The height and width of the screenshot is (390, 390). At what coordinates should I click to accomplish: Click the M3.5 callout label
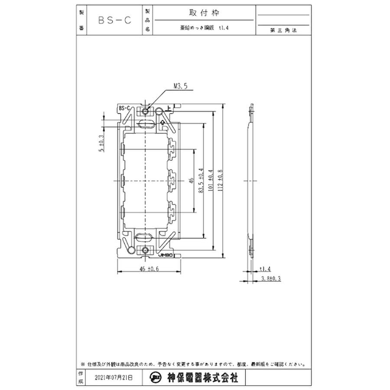click(180, 86)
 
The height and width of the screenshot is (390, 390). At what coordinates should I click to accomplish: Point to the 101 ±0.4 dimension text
click(211, 180)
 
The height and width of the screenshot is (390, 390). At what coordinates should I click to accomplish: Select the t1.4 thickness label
click(265, 269)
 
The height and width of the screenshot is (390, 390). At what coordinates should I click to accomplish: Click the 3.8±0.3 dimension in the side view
click(271, 279)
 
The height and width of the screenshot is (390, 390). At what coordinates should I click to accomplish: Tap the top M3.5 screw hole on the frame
click(145, 111)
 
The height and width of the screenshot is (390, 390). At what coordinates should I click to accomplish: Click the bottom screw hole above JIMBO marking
click(145, 250)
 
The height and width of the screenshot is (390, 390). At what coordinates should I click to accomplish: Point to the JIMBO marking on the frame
click(166, 256)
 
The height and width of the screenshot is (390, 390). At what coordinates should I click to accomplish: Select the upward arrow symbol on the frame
click(162, 123)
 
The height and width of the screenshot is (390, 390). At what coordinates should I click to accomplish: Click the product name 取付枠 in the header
click(204, 13)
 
